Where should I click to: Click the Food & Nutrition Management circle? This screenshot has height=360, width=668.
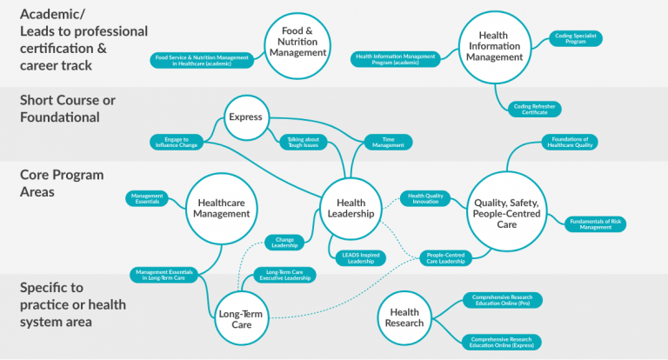297,41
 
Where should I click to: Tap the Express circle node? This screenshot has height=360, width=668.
247,117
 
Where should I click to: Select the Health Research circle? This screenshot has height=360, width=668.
404,317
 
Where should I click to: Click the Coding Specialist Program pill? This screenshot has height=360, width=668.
574,39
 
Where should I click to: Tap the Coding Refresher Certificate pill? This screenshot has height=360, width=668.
535,109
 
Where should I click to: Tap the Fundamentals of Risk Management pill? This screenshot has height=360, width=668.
595,223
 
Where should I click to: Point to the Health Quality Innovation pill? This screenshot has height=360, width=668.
426,199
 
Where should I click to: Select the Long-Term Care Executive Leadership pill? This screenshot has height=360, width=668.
283,275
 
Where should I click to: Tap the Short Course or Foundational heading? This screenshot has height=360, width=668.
68,109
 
